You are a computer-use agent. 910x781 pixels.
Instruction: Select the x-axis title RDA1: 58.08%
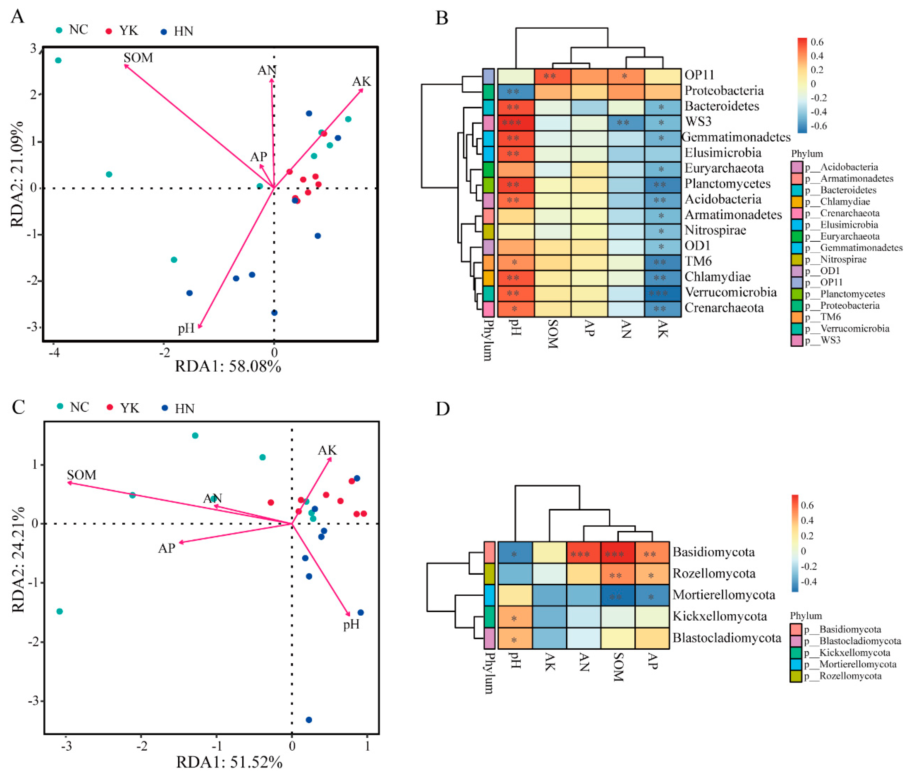point(228,366)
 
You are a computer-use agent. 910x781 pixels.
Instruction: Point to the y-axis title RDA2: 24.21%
point(18,560)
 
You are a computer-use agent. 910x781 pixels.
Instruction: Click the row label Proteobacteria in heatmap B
point(724,91)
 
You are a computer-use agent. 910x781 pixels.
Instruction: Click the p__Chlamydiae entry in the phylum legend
point(839,202)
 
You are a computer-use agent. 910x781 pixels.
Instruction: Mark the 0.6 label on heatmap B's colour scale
point(817,42)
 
